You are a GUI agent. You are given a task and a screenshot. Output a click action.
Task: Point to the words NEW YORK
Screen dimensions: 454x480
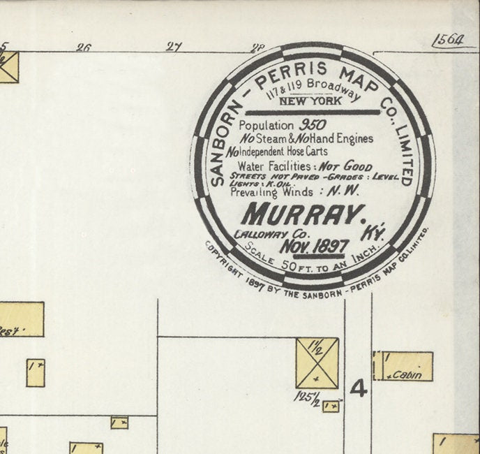click(x=310, y=101)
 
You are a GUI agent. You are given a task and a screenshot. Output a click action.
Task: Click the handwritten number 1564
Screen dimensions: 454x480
click(x=447, y=40)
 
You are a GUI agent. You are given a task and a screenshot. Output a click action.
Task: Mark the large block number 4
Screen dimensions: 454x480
click(x=358, y=388)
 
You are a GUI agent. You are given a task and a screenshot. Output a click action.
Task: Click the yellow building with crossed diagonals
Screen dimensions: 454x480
click(x=317, y=363)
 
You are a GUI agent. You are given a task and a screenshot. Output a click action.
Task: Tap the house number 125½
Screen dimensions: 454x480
click(x=306, y=397)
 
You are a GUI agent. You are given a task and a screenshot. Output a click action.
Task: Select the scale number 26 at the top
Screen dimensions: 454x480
click(x=83, y=47)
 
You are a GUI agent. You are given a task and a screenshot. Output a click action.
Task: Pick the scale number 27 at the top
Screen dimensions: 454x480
click(x=174, y=47)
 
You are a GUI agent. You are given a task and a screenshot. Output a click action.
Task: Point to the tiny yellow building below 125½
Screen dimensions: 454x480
click(x=331, y=406)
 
